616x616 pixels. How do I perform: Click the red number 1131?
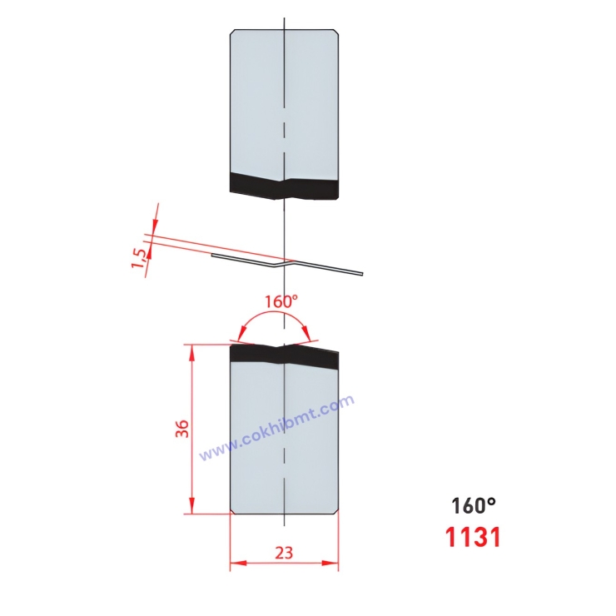[x=473, y=537]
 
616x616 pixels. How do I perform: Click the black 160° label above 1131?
[x=473, y=505]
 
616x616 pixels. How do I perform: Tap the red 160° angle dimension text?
[x=281, y=301]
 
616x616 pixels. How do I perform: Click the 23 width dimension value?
[x=284, y=551]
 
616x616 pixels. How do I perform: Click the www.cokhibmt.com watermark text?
[x=277, y=428]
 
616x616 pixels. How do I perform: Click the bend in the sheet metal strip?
[x=280, y=263]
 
